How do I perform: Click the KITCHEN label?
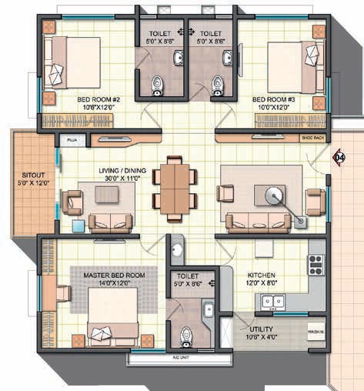[x=262, y=274]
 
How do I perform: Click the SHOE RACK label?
[x=312, y=139]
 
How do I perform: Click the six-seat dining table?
[x=174, y=187]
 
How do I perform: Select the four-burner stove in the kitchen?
[x=316, y=265]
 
